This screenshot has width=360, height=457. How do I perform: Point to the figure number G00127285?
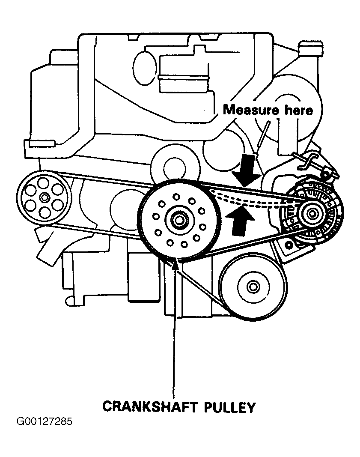coord(45,422)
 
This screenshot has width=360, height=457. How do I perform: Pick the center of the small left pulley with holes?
coord(44,197)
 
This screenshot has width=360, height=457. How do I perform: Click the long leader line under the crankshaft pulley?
coord(174,334)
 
